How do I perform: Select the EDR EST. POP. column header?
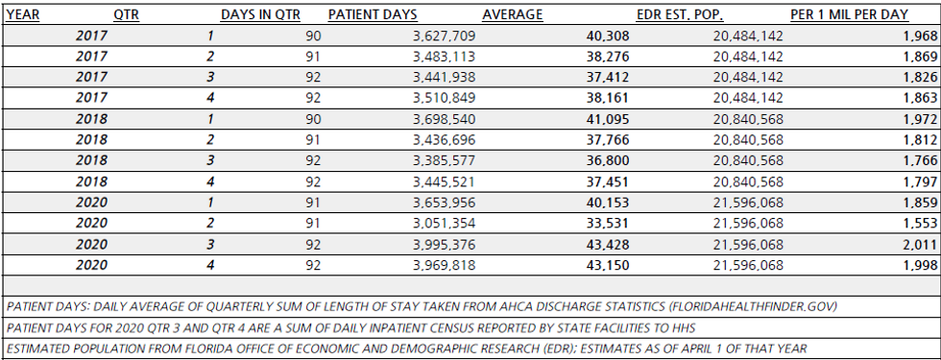click(x=679, y=15)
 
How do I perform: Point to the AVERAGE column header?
click(x=512, y=15)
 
